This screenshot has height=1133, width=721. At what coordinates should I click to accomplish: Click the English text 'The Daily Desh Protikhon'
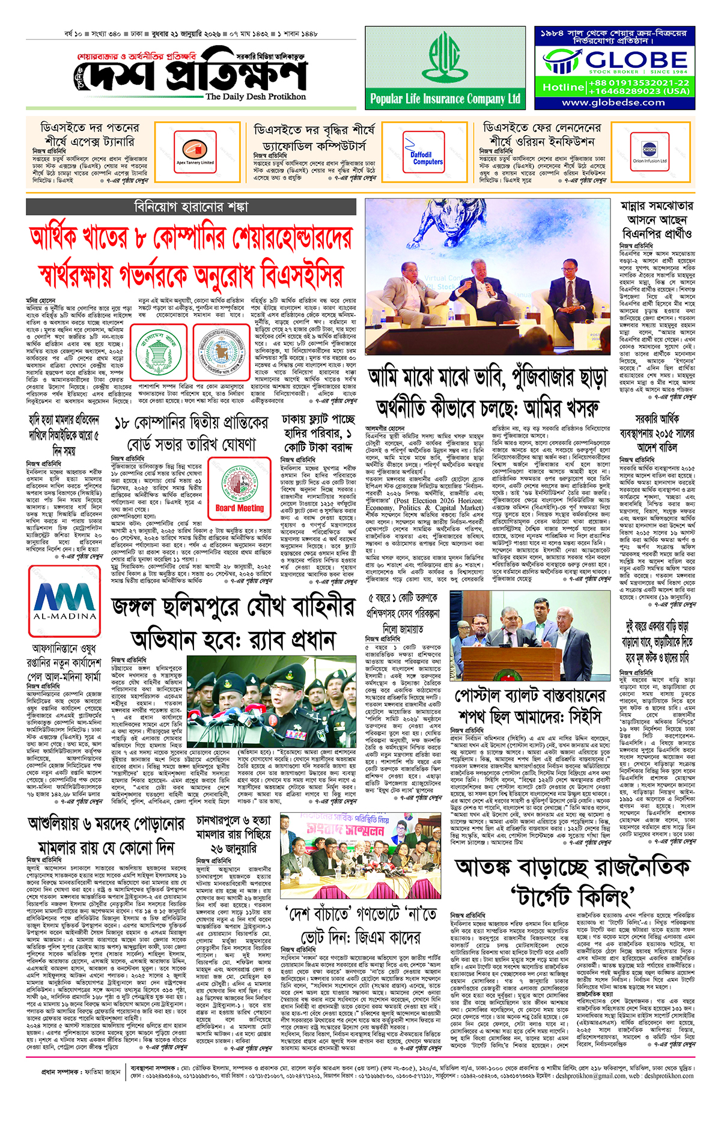pos(255,97)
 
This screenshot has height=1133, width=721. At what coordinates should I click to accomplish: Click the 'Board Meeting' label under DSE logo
pos(240,508)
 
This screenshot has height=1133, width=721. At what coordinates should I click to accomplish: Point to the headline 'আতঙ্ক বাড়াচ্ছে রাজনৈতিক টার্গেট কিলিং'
pos(572,882)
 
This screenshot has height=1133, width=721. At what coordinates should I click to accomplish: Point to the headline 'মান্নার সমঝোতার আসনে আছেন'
pos(657,219)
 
